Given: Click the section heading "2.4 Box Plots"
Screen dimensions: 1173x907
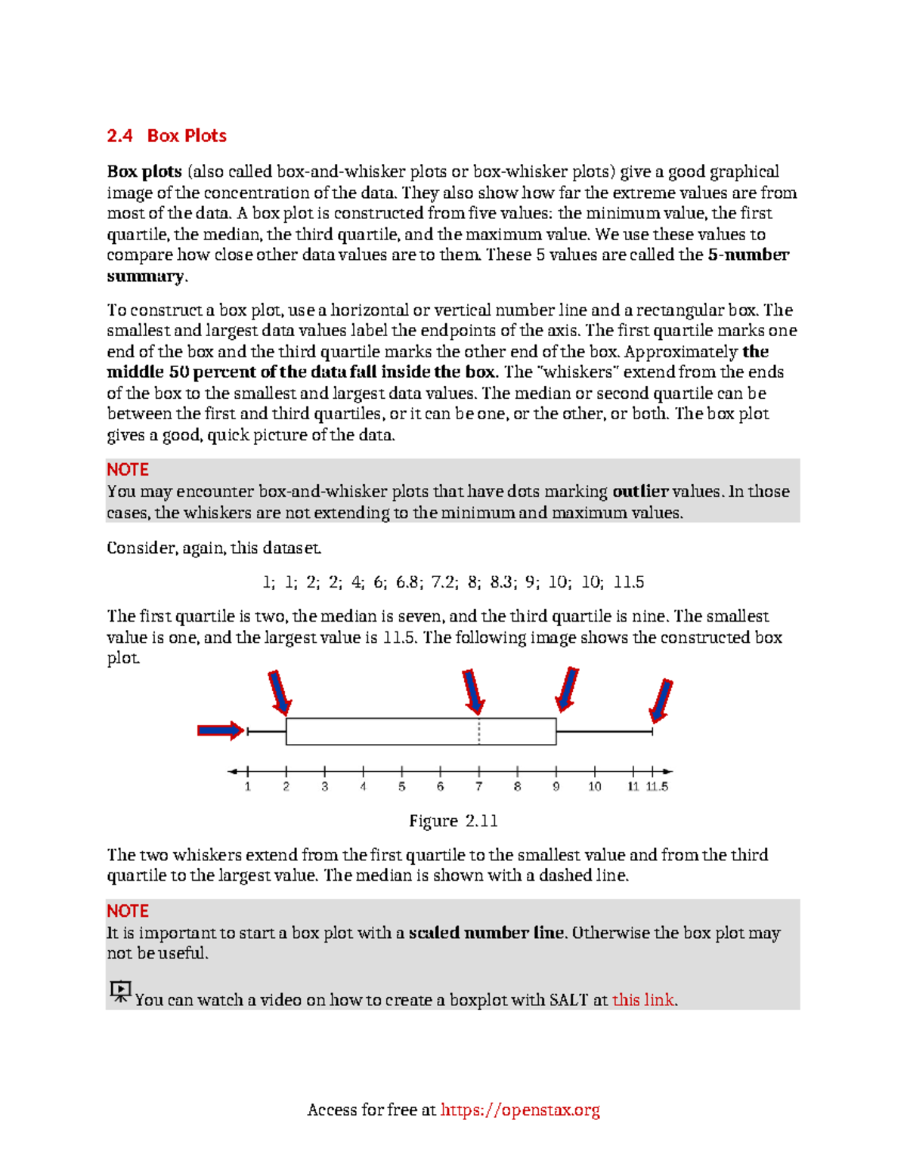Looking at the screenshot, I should pos(166,136).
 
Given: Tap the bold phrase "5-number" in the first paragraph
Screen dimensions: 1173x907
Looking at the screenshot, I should pos(748,255).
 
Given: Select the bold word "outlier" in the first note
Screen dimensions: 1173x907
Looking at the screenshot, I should pos(640,492).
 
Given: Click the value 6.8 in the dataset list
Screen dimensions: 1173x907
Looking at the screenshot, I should pos(408,582).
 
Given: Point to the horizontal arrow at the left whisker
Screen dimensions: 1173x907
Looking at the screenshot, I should pos(221,730).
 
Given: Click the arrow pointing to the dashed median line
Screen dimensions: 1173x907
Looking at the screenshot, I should pos(473,691).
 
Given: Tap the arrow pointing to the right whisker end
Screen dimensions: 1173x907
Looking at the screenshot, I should pos(661,700).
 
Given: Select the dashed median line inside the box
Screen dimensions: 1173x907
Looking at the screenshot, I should pos(479,731).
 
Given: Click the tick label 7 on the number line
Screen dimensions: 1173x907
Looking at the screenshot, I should pos(478,787).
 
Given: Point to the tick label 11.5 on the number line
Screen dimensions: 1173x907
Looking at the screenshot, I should pos(657,787).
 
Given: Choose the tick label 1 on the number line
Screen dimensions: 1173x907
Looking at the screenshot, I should pos(248,787).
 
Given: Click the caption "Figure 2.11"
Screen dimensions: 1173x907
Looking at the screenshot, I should pos(453,821).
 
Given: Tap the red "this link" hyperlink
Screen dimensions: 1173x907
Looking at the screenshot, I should pos(643,1000).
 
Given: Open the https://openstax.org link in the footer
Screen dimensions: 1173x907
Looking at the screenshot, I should pos(520,1110).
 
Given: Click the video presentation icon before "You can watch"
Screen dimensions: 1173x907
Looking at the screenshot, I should pos(120,991).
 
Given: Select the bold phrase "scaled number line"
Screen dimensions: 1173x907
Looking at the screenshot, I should pos(486,933).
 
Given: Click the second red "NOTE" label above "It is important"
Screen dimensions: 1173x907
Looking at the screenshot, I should pos(127,911).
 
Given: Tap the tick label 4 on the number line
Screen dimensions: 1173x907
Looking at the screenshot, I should pos(364,787).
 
